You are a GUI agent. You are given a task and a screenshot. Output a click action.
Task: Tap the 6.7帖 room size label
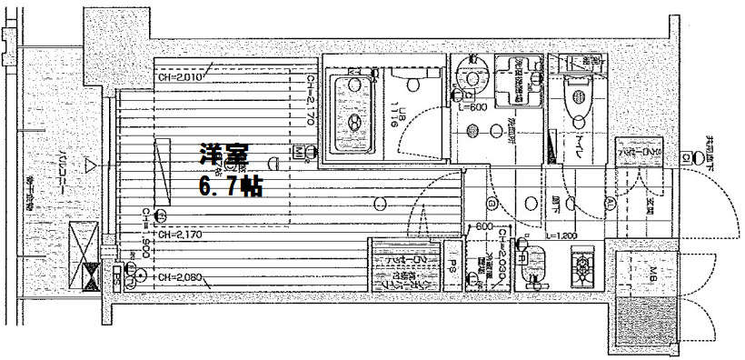[231, 188]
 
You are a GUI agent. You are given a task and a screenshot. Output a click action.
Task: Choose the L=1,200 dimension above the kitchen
[561, 236]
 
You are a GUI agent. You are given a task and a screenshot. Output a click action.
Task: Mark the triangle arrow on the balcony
[89, 165]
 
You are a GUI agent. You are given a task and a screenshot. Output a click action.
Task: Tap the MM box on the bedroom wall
[299, 150]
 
